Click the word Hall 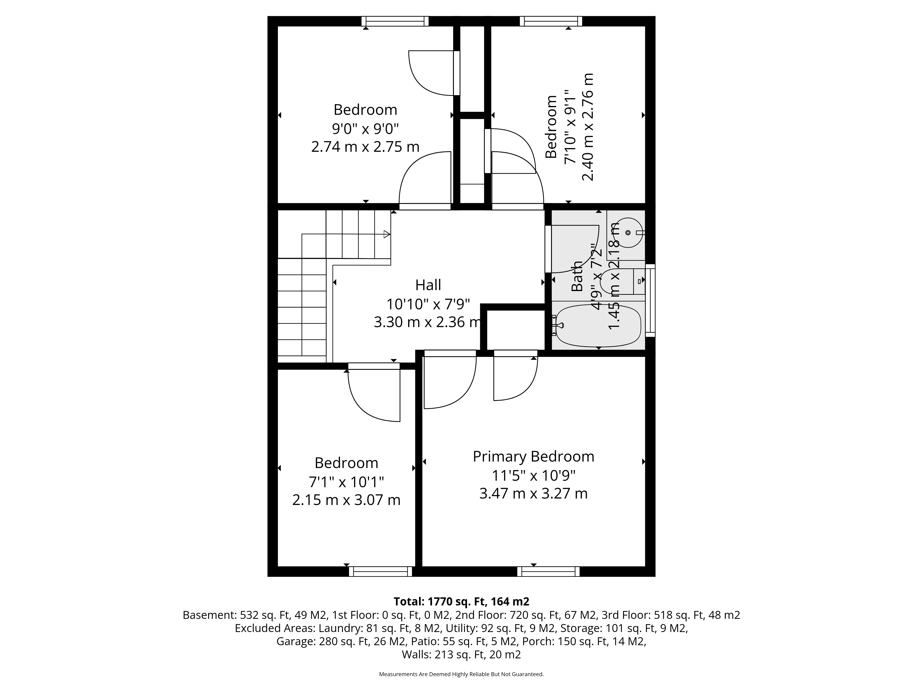428,285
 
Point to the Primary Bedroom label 533,456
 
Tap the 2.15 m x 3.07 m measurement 346,500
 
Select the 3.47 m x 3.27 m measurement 533,493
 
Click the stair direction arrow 387,234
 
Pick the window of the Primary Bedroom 548,571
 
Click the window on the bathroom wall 650,300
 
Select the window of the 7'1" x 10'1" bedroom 381,571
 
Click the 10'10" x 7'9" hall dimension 428,304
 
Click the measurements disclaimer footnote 461,674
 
